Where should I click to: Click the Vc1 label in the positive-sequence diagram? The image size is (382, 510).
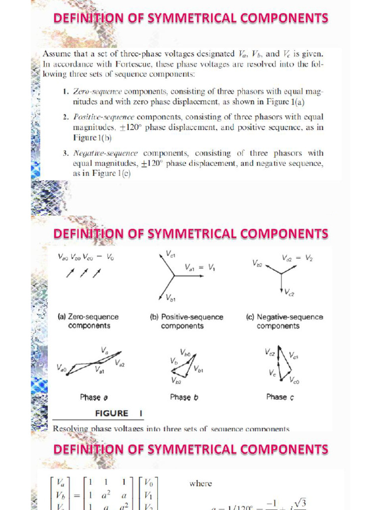point(170,254)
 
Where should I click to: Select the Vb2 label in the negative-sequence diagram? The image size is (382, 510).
point(257,262)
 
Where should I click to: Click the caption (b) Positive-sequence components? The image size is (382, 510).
point(187,321)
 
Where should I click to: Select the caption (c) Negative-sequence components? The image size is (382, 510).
point(285,321)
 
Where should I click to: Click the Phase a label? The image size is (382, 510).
point(94,397)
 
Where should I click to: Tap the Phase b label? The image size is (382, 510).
point(184,397)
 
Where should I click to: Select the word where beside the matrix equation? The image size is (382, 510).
point(200,483)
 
